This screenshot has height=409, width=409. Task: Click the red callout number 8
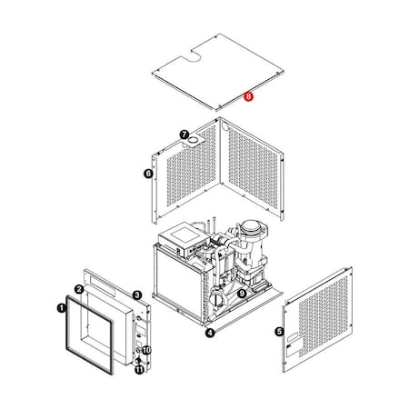pyautogui.click(x=249, y=95)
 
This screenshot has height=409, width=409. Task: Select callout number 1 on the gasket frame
pyautogui.click(x=61, y=308)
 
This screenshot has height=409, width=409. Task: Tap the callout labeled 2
pyautogui.click(x=79, y=289)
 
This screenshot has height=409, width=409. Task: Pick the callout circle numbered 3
pyautogui.click(x=136, y=294)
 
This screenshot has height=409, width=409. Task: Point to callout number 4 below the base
pyautogui.click(x=210, y=333)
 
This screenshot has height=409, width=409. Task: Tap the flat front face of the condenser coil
pyautogui.click(x=177, y=282)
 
